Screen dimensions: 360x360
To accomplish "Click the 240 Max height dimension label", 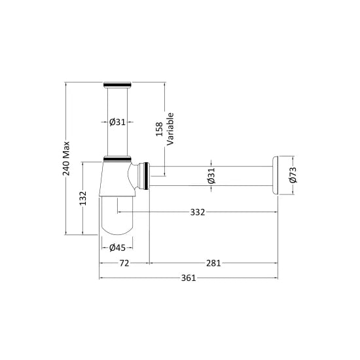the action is [x=66, y=158].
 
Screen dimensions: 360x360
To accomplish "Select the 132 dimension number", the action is [x=83, y=198].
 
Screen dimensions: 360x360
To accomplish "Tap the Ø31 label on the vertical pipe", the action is [x=117, y=122].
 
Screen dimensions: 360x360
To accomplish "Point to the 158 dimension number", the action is [x=159, y=129].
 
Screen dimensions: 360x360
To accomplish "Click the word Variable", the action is [x=170, y=129].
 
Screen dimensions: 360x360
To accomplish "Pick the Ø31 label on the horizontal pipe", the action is [x=211, y=175].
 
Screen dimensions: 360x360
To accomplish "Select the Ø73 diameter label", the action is [x=293, y=175].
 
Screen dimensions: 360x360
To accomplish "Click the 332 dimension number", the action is [x=198, y=212].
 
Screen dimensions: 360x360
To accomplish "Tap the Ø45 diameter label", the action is [x=117, y=247].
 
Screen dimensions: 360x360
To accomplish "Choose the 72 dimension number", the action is [x=124, y=263].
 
